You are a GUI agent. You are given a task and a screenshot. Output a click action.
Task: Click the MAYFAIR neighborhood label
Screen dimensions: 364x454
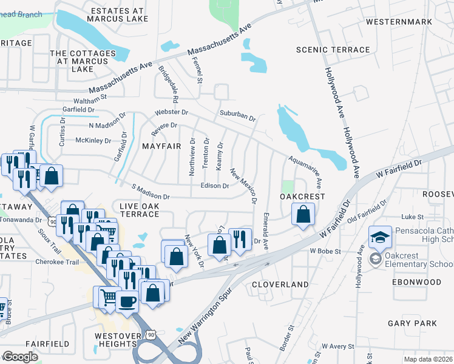coord(161,146)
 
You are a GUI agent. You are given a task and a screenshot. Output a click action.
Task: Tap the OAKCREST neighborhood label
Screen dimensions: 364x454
coord(302,197)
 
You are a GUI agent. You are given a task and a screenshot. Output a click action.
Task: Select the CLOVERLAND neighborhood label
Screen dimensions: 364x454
coord(280,284)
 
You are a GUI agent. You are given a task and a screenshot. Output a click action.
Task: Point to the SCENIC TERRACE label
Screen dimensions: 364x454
coord(333,50)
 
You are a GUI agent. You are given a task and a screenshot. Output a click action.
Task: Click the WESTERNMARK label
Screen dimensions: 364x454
coord(399,22)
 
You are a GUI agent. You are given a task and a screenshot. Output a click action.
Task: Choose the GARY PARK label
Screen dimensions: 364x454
coord(408,324)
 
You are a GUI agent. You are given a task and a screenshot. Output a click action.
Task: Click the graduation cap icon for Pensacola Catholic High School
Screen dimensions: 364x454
coord(380,236)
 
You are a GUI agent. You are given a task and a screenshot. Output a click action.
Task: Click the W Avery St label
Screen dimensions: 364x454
coord(337,346)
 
